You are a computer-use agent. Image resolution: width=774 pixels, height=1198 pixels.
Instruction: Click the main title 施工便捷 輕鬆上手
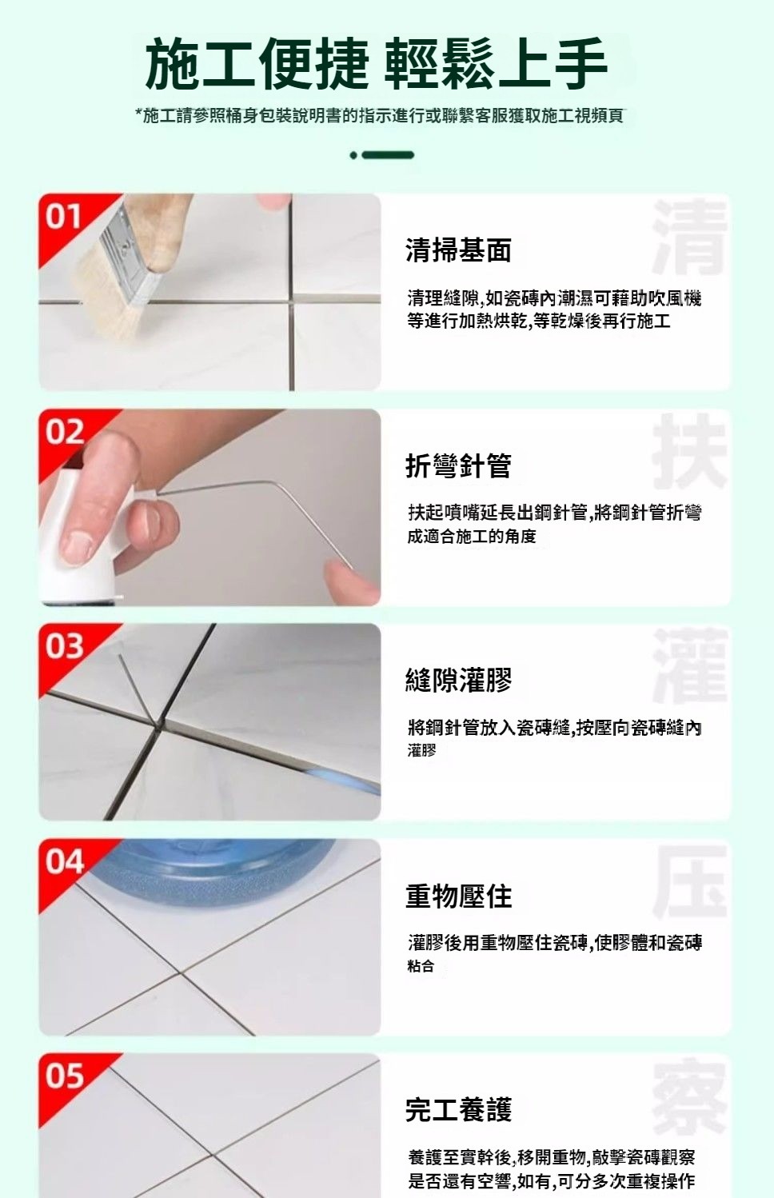[376, 64]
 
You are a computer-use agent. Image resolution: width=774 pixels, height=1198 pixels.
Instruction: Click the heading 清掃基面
[458, 250]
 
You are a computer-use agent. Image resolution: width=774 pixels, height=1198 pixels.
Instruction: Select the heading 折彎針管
[458, 465]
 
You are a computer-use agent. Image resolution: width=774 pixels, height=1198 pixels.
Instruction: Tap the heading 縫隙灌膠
[458, 681]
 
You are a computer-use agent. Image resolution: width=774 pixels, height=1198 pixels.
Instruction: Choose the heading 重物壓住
[458, 896]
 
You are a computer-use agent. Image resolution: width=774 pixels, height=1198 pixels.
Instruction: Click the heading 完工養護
[458, 1110]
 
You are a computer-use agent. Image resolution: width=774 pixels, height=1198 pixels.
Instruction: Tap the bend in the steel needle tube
[277, 484]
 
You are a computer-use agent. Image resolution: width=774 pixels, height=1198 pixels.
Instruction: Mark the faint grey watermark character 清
[690, 236]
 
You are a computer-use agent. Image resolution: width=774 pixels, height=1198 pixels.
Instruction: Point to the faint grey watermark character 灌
[690, 666]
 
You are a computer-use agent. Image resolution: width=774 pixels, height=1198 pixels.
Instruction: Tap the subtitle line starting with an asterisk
[379, 115]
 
